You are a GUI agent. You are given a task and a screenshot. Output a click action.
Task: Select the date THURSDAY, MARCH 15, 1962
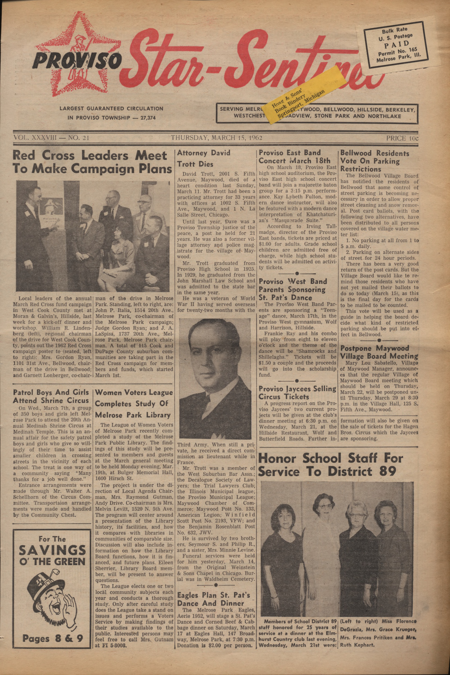point(216,138)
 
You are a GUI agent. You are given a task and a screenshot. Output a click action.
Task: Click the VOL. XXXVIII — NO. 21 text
point(51,138)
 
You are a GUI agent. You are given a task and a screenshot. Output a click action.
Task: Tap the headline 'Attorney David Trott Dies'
point(204,159)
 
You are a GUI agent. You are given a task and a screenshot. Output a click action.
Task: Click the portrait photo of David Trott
point(216,378)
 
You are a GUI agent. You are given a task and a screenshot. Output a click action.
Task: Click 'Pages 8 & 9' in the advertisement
point(52,639)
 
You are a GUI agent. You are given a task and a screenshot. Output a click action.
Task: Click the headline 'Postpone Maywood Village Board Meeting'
point(379,352)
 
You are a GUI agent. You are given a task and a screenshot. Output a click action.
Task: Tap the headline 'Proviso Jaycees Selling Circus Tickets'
point(297,393)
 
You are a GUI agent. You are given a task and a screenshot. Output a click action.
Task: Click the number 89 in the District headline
point(385,472)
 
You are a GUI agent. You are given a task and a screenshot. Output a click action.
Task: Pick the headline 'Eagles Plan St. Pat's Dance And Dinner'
point(213,599)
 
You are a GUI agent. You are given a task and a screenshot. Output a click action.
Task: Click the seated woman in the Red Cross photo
point(114,254)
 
